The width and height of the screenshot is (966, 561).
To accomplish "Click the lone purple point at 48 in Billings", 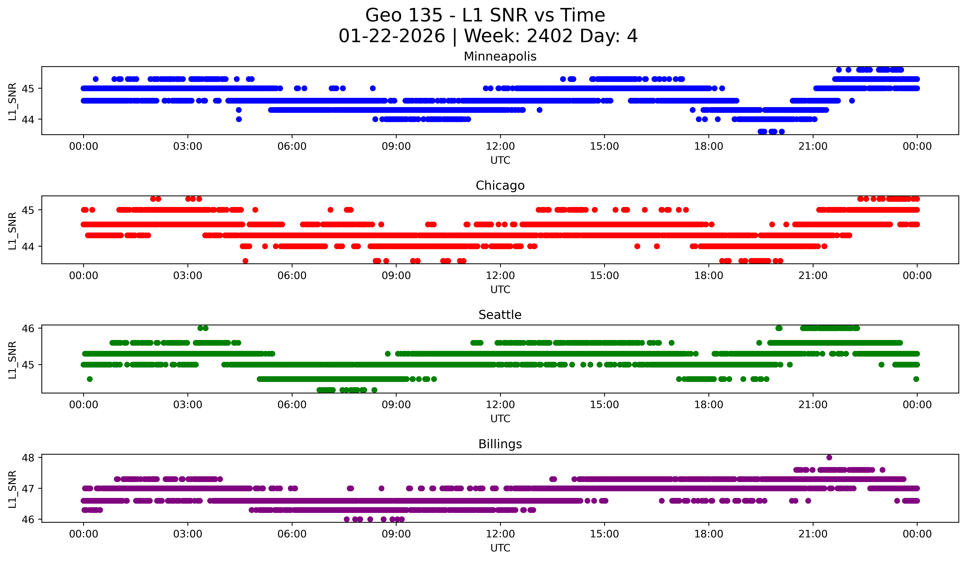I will point(829,457).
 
